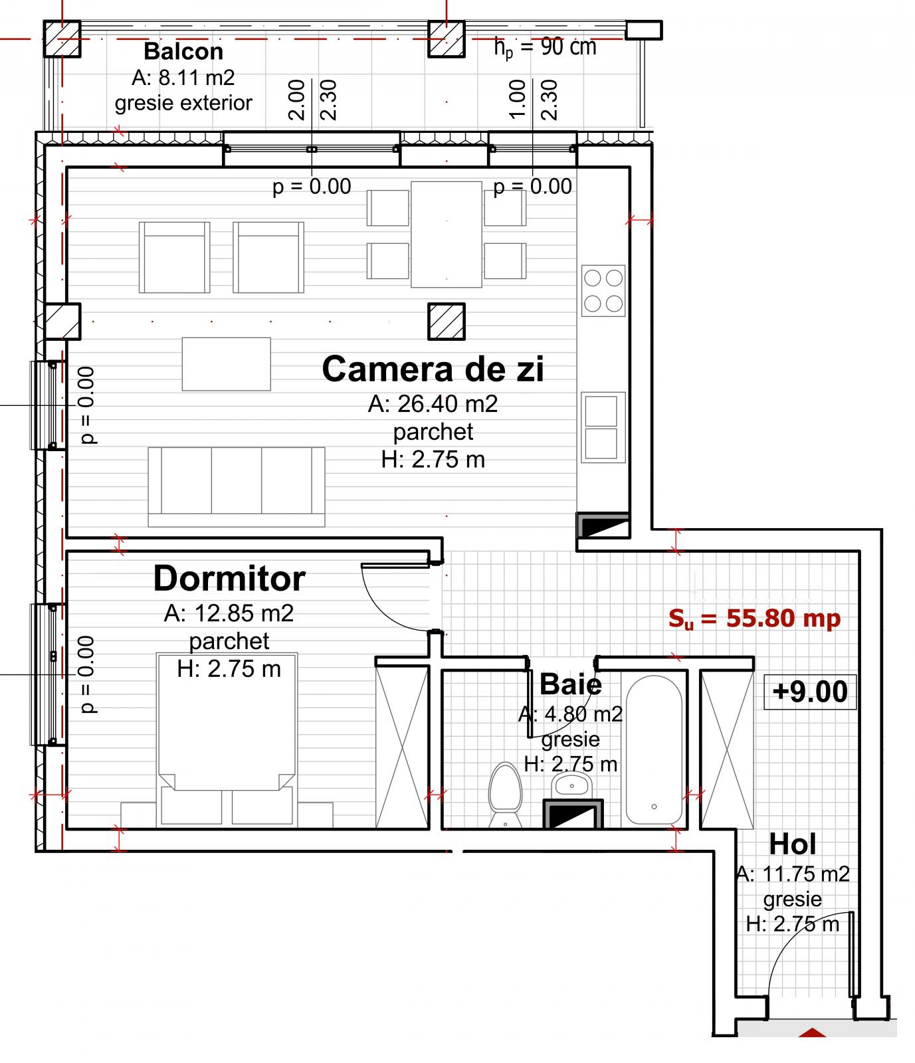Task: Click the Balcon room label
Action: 183,51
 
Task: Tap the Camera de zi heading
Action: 433,369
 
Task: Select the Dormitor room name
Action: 229,579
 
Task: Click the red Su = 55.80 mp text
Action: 754,619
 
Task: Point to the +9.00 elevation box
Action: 810,692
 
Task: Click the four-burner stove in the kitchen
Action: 603,290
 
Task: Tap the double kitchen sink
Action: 602,427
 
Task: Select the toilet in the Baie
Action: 504,794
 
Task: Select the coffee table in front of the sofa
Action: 227,364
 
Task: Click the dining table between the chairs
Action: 446,234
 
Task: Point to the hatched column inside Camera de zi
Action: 446,321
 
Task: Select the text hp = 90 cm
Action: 545,47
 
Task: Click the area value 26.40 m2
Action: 433,403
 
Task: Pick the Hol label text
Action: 792,845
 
